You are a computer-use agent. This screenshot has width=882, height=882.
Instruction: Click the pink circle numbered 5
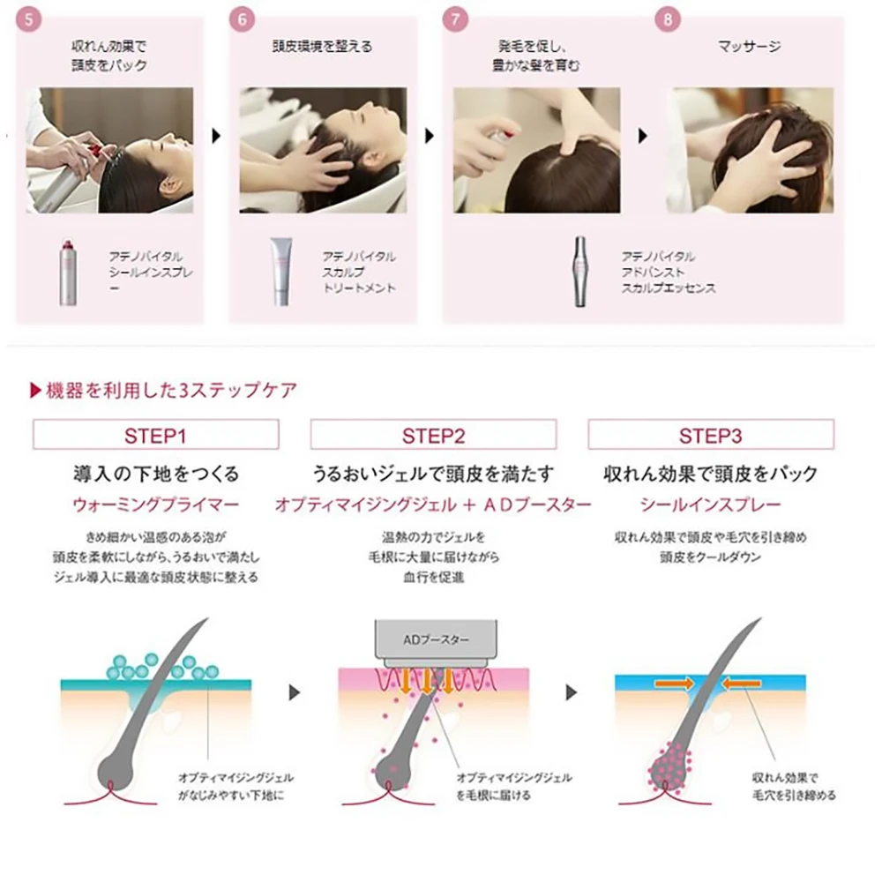click(29, 19)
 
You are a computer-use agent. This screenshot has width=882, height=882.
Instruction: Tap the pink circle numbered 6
click(242, 19)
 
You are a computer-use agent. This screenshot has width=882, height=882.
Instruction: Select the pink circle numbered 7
click(455, 19)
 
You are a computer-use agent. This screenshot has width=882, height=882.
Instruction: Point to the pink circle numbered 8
click(668, 19)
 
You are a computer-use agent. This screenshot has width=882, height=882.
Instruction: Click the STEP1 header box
click(156, 434)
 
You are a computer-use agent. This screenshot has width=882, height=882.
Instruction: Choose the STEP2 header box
click(433, 434)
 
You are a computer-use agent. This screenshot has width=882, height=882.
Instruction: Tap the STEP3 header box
click(711, 434)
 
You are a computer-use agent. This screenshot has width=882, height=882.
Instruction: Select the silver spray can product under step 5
click(68, 273)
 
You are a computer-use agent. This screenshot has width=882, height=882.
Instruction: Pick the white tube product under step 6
click(281, 272)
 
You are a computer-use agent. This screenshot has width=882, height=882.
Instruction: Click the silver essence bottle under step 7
click(580, 272)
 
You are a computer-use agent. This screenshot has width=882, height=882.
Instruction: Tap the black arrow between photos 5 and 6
click(216, 136)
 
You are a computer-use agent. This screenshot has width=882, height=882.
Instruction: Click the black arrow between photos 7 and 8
click(642, 136)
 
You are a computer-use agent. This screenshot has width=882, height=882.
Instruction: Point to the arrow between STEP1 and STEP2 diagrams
click(295, 692)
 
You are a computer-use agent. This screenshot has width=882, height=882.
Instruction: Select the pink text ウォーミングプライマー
click(156, 505)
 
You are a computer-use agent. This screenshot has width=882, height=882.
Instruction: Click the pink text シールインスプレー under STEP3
click(710, 505)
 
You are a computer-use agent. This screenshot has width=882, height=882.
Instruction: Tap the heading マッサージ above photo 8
click(749, 47)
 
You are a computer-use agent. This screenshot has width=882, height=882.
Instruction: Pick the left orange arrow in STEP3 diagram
click(674, 684)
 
